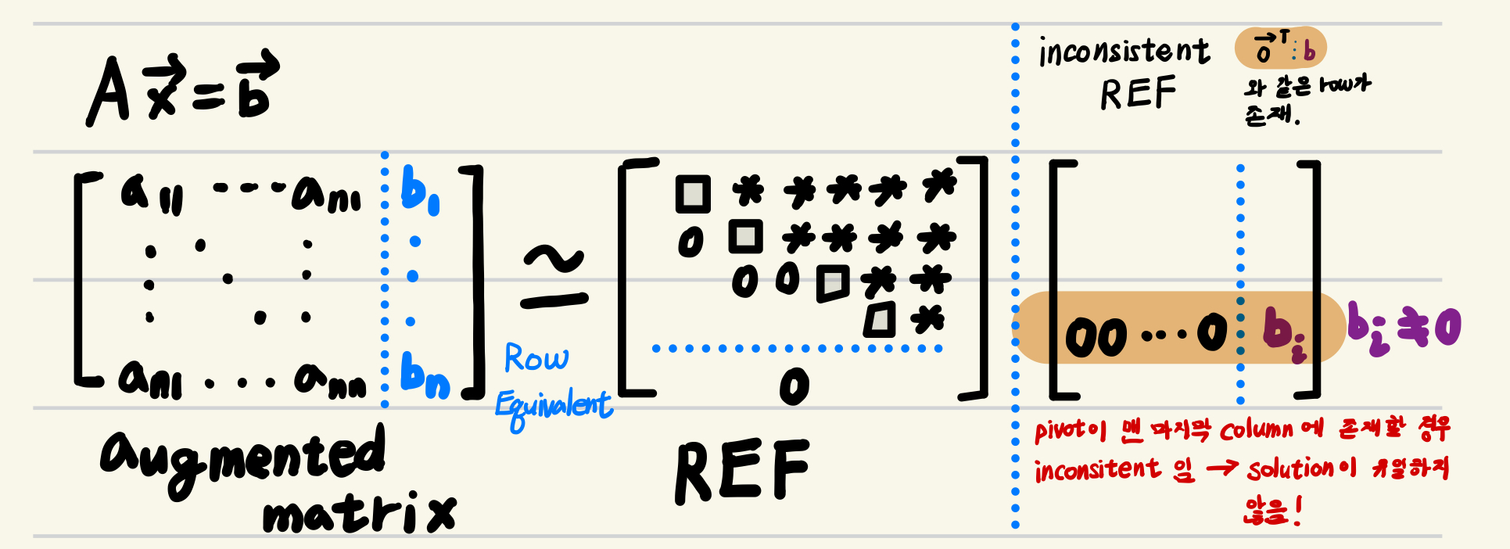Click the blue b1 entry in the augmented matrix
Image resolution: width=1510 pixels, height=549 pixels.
point(419,191)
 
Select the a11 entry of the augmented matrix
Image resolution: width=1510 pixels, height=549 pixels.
point(151,194)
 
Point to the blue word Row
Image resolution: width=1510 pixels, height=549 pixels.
point(536,358)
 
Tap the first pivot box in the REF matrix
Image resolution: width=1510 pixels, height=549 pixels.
point(693,195)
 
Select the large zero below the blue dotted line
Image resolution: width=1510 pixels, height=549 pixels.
point(794,386)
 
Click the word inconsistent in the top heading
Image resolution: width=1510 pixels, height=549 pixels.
point(1124,52)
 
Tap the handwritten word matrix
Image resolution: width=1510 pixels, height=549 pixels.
point(359,513)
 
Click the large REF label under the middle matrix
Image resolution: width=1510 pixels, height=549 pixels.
point(741,472)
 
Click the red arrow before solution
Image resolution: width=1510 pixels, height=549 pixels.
point(1221,468)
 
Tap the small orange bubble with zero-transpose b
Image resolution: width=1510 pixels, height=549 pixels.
point(1280,48)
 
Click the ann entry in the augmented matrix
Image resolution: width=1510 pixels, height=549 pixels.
point(329,381)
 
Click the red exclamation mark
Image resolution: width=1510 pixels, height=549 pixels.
point(1298,511)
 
